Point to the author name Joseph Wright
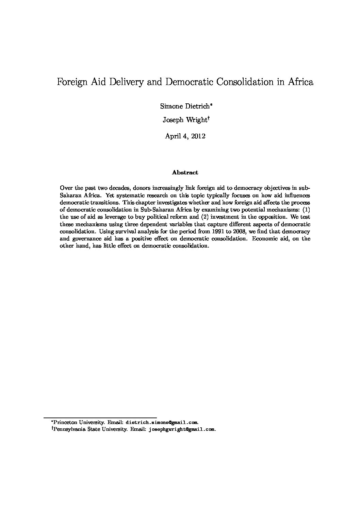[x=184, y=120]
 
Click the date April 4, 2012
[x=185, y=136]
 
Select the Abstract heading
[x=185, y=172]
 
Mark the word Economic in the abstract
[x=264, y=239]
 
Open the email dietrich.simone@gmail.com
[x=162, y=422]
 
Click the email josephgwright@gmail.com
[x=182, y=429]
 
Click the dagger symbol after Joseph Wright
[x=208, y=118]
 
